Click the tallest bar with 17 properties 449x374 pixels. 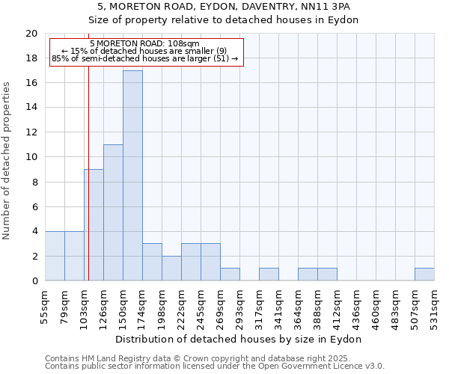(132, 176)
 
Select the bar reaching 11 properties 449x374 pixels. (113, 212)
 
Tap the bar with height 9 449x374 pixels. (94, 224)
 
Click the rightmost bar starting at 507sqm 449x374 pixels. (424, 275)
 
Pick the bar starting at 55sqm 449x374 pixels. (55, 256)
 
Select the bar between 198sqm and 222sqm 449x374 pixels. (171, 269)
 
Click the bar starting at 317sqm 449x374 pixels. (269, 275)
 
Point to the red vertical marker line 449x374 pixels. (88, 187)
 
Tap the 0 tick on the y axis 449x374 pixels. (34, 281)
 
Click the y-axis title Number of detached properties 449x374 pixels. (7, 161)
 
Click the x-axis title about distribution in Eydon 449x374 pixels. (239, 339)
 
